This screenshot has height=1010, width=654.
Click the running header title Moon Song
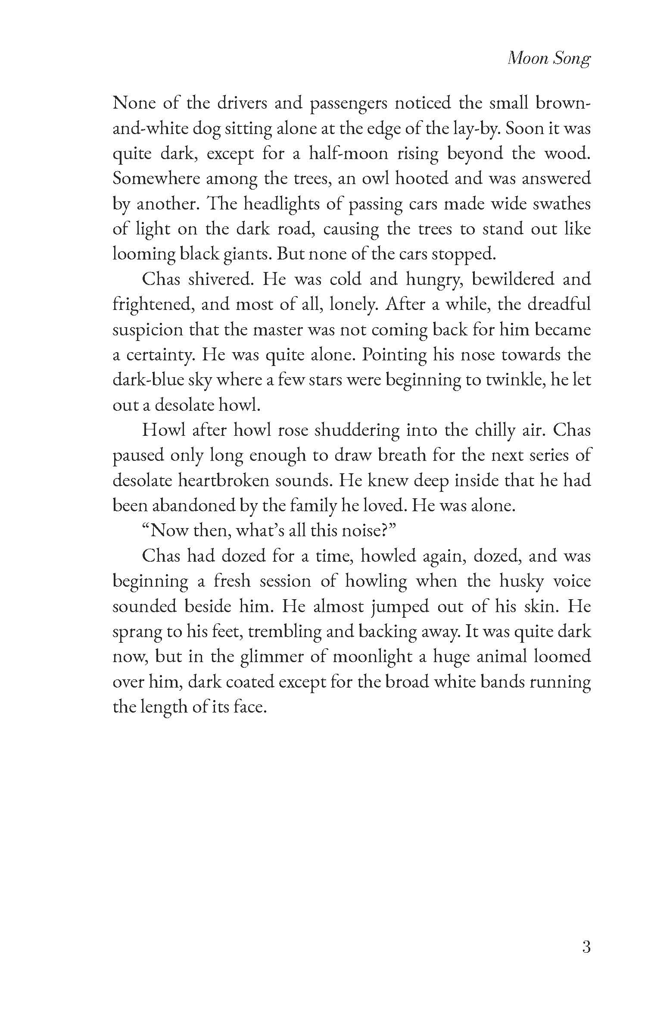point(548,59)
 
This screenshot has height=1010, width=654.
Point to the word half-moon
point(348,154)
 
